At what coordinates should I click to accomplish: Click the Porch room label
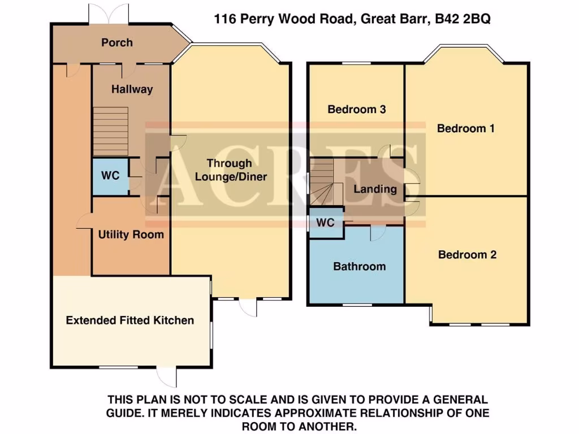pos(117,42)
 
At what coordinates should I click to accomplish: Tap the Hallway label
pos(132,89)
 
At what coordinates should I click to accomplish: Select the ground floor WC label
pos(110,176)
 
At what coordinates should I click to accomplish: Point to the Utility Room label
pos(131,235)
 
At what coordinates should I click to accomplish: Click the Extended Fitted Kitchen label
pos(130,320)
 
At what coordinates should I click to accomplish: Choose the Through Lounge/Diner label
pos(231,170)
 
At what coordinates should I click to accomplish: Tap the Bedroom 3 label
pos(357,109)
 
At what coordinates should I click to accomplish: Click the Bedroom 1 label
pos(466,128)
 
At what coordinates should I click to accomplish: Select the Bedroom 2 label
pos(467,255)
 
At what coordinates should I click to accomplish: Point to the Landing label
pos(375,189)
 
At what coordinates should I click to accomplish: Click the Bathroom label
pos(359,266)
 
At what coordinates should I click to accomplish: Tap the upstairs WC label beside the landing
pos(325,223)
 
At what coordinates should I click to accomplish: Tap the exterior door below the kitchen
pos(166,376)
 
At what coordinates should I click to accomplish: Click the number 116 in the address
pos(225,19)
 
